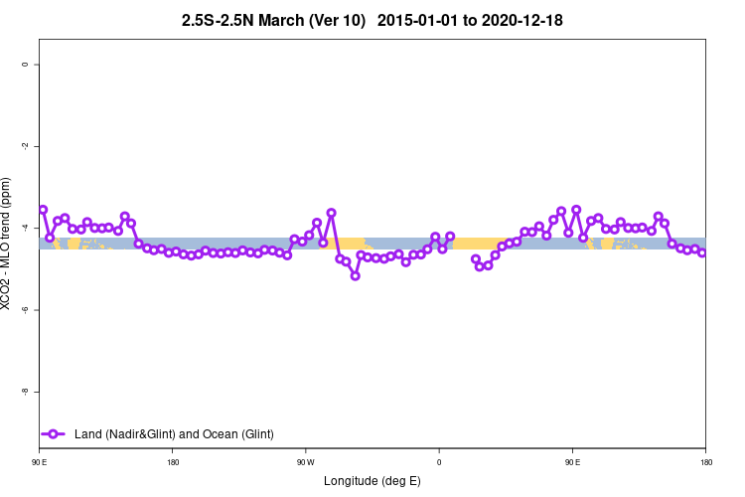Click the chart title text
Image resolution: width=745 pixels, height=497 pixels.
372,20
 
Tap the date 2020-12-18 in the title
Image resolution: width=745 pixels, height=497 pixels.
519,20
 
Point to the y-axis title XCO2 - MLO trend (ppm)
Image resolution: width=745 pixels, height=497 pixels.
9,245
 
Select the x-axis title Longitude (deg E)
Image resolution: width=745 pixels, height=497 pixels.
372,481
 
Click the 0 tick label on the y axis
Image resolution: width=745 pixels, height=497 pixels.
26,65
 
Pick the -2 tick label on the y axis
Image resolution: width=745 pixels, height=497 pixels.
26,146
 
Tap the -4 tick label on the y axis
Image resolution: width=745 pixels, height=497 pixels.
26,228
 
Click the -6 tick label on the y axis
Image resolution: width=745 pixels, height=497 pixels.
26,310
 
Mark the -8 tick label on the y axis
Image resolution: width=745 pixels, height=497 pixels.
26,392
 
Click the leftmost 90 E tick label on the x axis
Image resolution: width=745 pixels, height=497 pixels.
40,462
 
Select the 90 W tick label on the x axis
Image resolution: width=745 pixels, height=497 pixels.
305,462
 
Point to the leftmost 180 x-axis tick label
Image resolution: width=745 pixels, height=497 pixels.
173,462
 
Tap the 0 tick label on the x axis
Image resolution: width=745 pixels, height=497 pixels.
439,462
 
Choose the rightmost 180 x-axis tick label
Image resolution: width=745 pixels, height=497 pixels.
705,462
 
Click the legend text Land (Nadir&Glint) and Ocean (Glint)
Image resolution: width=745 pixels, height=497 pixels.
174,433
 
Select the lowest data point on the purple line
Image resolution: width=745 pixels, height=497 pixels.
355,275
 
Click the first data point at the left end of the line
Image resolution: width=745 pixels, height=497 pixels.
43,210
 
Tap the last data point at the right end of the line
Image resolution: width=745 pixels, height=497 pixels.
702,252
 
